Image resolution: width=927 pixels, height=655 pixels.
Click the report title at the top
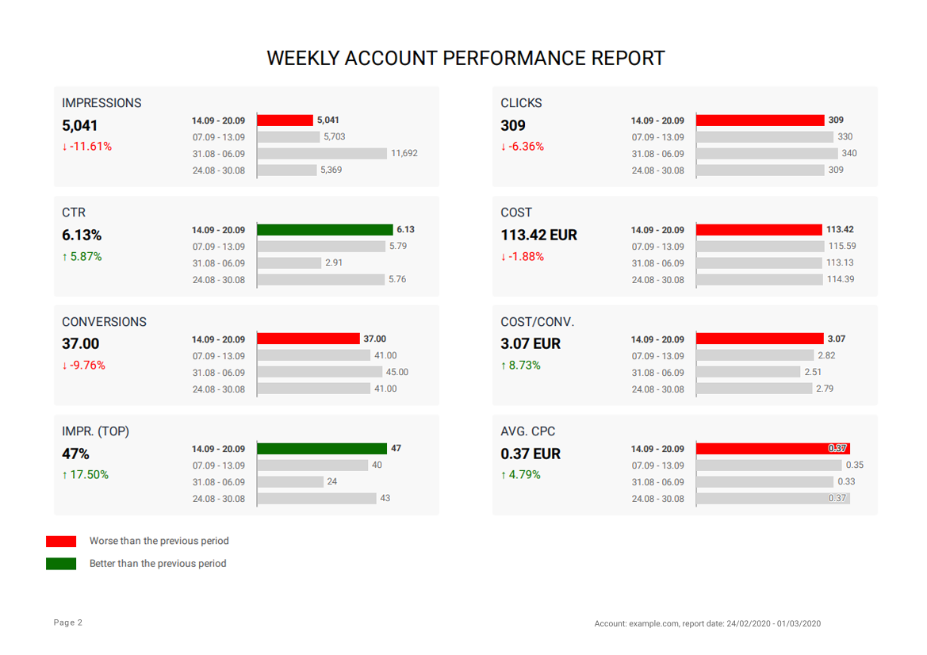pyautogui.click(x=465, y=59)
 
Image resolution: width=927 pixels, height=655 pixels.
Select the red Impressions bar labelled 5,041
pyautogui.click(x=285, y=121)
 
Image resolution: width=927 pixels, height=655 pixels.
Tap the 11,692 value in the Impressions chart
pyautogui.click(x=404, y=154)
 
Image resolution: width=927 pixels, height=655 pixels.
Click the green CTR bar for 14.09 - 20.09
pyautogui.click(x=325, y=230)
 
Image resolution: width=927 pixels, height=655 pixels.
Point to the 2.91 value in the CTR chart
pyautogui.click(x=334, y=262)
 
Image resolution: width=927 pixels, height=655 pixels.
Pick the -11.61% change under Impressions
pyautogui.click(x=87, y=147)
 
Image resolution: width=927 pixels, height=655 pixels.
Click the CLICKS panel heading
pyautogui.click(x=521, y=103)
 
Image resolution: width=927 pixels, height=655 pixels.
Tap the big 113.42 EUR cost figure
pyautogui.click(x=539, y=236)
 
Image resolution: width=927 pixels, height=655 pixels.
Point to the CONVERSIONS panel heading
pyautogui.click(x=104, y=322)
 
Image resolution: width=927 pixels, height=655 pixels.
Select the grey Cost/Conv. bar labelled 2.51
pyautogui.click(x=748, y=372)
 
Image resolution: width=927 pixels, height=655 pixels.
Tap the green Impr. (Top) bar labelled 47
pyautogui.click(x=322, y=449)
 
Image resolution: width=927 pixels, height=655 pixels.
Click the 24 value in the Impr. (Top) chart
pyautogui.click(x=332, y=481)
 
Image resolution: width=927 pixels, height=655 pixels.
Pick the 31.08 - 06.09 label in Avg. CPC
pyautogui.click(x=657, y=482)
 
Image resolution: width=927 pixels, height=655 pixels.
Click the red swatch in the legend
pyautogui.click(x=61, y=542)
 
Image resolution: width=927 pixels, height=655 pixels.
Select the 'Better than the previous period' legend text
pyautogui.click(x=158, y=564)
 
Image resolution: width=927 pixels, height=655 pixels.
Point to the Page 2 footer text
pyautogui.click(x=68, y=623)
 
